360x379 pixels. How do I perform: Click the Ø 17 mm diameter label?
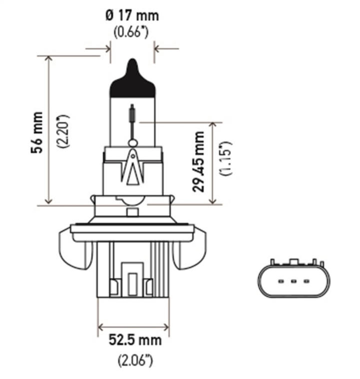click(x=132, y=15)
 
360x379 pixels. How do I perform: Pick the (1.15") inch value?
click(x=226, y=159)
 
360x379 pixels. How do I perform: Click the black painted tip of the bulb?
click(x=132, y=82)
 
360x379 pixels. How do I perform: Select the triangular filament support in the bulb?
click(x=132, y=165)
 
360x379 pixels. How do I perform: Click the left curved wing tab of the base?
click(x=75, y=247)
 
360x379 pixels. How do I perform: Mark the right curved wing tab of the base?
click(x=190, y=247)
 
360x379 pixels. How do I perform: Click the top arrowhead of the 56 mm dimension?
click(x=48, y=59)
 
